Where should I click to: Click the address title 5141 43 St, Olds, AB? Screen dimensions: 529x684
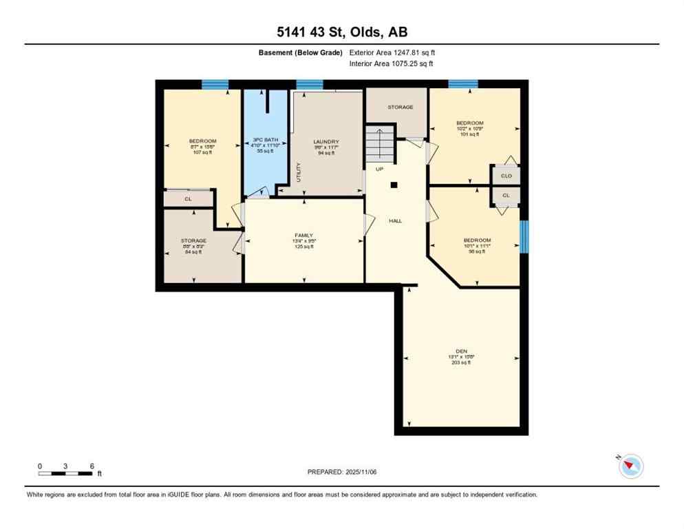coord(341,32)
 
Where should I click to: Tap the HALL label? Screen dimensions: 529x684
coord(396,221)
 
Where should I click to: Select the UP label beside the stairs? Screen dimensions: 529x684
coord(379,169)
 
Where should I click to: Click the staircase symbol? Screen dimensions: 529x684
coord(379,143)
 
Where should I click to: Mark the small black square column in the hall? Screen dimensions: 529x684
coord(394,185)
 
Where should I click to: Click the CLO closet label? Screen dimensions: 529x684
coord(506,176)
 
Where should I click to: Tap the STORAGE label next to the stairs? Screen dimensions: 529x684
coord(400,107)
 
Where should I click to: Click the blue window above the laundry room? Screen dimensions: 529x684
coord(310,85)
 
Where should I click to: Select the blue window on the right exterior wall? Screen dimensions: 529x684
coord(524,237)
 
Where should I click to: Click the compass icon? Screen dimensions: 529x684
coord(630,466)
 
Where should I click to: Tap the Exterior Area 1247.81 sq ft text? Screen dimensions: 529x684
coord(392,52)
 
